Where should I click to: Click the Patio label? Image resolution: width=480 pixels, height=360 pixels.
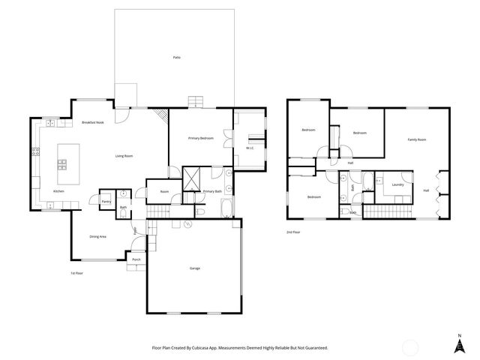(176, 58)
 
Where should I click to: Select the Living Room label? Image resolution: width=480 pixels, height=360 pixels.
(124, 156)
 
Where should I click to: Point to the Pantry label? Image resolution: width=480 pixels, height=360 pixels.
(106, 202)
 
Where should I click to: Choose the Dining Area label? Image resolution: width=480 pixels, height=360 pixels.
(98, 236)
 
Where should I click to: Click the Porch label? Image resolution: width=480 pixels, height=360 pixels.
(136, 259)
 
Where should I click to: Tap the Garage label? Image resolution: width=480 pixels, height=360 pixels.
(194, 268)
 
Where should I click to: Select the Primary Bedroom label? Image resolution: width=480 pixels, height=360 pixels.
(201, 139)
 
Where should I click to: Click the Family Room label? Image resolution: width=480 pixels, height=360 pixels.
(417, 139)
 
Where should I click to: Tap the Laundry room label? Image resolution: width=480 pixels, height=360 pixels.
(397, 184)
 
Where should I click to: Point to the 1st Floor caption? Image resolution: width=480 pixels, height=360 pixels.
(76, 273)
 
